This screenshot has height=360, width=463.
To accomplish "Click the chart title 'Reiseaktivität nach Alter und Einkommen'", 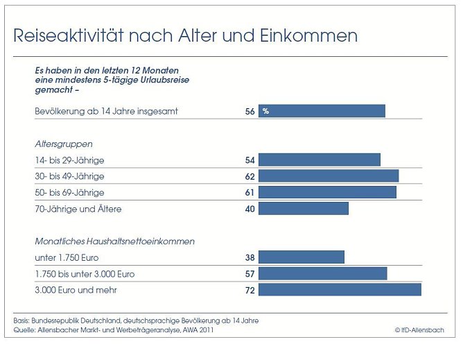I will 186,35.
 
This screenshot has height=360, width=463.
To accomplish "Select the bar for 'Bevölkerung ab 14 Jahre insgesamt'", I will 322,111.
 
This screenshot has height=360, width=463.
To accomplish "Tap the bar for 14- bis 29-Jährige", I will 320,160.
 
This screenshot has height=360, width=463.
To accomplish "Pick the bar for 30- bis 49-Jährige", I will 329,176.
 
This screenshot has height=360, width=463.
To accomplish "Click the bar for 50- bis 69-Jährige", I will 327,192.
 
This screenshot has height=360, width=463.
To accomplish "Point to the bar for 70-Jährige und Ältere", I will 304,209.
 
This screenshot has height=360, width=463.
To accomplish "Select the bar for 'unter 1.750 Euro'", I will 302,257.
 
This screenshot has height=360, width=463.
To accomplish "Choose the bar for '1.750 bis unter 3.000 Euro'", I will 323,274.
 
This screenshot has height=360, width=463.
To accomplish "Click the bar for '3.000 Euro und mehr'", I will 340,290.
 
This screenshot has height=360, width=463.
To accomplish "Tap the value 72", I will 250,290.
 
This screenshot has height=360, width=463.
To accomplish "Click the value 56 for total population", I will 250,111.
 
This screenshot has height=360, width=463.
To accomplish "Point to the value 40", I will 250,209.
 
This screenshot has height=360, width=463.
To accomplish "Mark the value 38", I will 250,257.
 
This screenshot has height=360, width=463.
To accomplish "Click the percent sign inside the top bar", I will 265,111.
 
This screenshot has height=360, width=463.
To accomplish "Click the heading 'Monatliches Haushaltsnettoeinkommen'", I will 114,241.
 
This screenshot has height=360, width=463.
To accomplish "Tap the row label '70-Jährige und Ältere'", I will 78,209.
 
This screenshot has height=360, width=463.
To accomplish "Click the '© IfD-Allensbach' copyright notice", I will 420,330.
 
